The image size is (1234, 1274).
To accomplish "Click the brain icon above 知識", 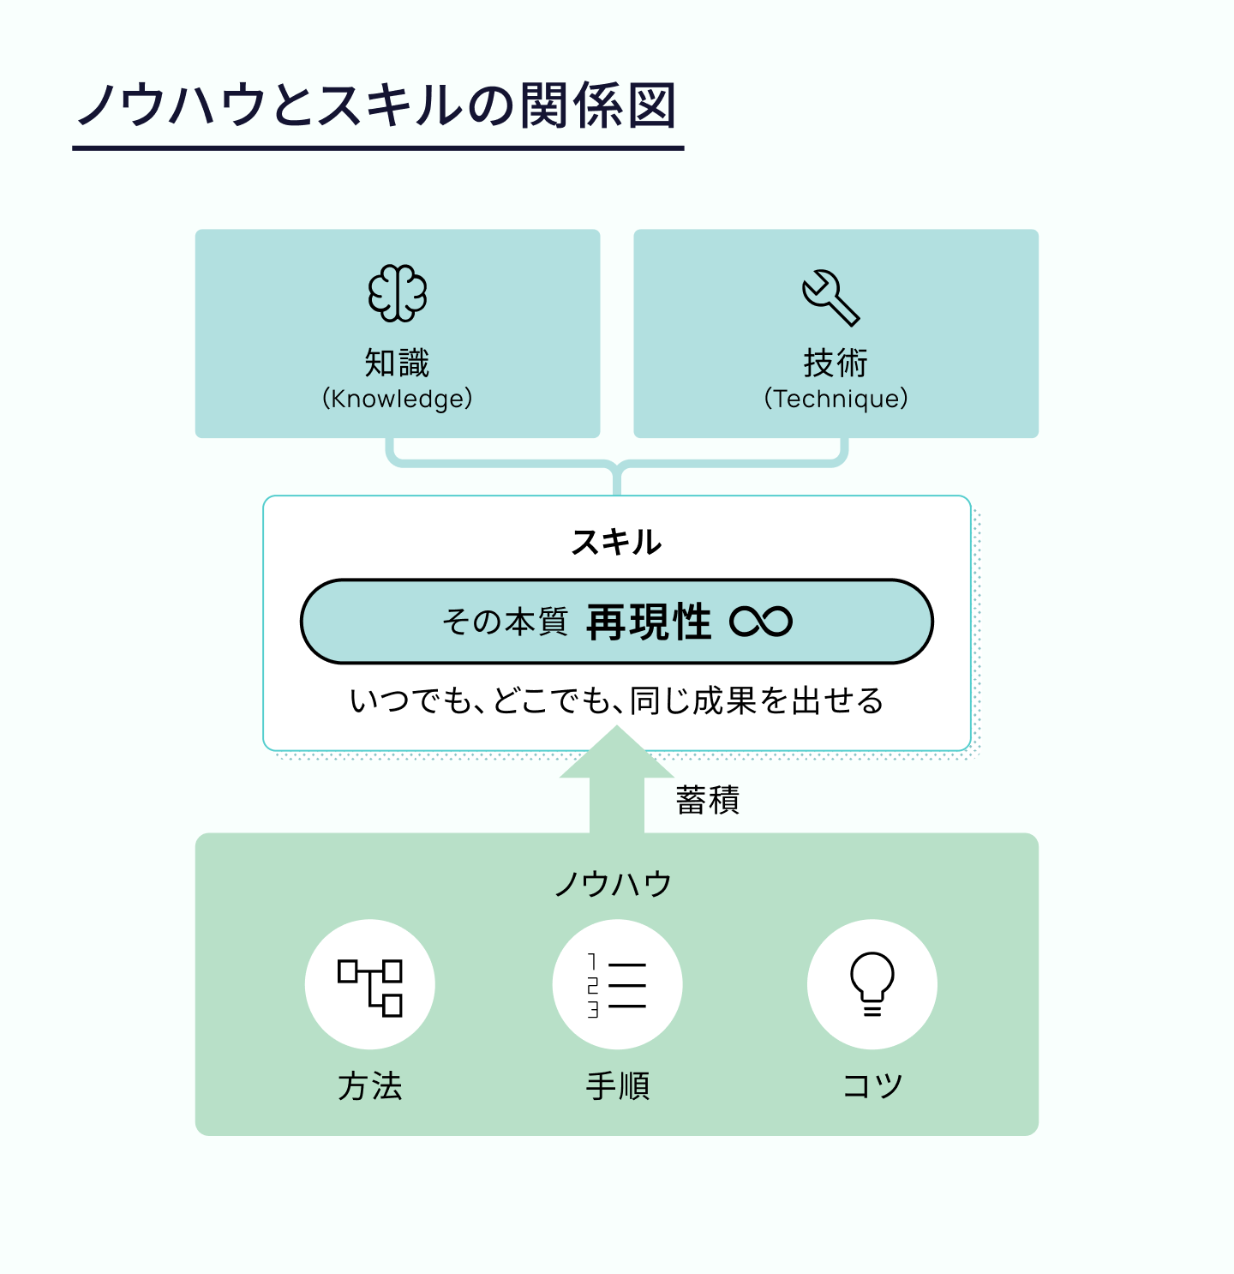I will coord(398,293).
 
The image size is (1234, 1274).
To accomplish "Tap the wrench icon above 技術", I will coord(830,297).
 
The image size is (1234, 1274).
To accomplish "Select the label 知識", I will coord(397,363).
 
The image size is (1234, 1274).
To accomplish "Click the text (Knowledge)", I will coord(397,399).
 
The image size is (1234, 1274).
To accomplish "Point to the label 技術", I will coord(836,363).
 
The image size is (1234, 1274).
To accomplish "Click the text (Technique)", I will coord(836,399).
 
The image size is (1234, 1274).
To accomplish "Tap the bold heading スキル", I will coord(616,542).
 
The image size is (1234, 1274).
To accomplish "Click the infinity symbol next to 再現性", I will coord(761,622).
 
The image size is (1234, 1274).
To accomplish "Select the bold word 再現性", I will coord(649,622).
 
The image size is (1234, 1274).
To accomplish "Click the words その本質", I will coord(505,622).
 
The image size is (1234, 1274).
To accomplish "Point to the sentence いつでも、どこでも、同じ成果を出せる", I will coord(616,700).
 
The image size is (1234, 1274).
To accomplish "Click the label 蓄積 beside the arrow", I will coord(707,800).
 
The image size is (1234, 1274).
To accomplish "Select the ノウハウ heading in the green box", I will coord(614,883).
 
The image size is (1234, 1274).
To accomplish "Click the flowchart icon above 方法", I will coord(370,985).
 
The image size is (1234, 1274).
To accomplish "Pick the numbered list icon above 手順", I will coord(617,985).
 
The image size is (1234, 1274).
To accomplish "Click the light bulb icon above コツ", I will coord(872,985).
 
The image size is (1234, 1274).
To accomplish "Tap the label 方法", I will coord(370,1086).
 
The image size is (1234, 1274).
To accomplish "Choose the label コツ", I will coord(872,1086).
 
